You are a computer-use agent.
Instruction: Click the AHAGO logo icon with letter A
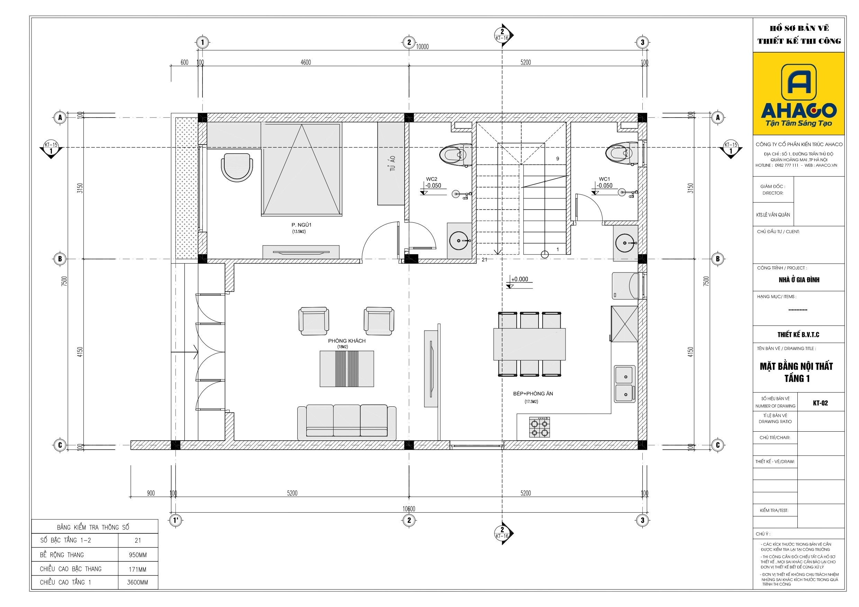(x=798, y=82)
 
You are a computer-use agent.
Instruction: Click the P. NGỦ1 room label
(x=301, y=225)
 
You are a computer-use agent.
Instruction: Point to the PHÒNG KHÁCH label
(x=346, y=341)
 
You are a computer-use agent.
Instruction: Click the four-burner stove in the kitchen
(x=540, y=427)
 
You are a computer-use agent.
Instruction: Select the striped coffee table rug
(x=346, y=368)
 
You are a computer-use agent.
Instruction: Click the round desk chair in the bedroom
(x=237, y=167)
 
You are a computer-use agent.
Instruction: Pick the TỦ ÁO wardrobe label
(x=392, y=164)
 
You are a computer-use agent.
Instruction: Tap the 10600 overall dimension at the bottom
(x=408, y=509)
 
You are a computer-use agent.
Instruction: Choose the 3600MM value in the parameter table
(x=137, y=582)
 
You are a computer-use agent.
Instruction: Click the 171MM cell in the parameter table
(x=137, y=569)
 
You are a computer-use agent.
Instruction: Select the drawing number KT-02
(x=820, y=403)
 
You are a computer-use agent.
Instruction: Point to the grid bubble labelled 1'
(x=176, y=520)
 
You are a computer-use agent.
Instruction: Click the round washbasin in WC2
(x=459, y=240)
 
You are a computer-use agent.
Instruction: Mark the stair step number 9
(x=558, y=158)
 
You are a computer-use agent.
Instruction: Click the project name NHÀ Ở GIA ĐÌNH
(x=799, y=280)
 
